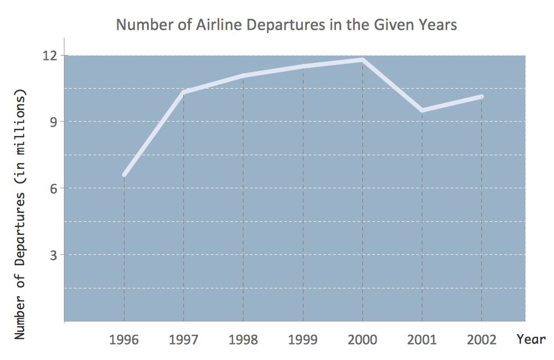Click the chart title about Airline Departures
[286, 25]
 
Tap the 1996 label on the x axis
[124, 340]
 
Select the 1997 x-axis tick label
[183, 340]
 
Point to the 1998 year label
[243, 340]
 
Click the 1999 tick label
[303, 340]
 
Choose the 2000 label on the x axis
[362, 340]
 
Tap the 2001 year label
[422, 340]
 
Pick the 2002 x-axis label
[481, 340]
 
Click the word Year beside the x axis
[531, 339]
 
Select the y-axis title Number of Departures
[21, 212]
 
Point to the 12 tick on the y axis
[50, 56]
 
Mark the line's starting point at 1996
[124, 175]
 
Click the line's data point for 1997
[183, 92]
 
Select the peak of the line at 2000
[362, 59]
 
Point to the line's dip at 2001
[422, 111]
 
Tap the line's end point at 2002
[481, 97]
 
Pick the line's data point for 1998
[243, 75]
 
